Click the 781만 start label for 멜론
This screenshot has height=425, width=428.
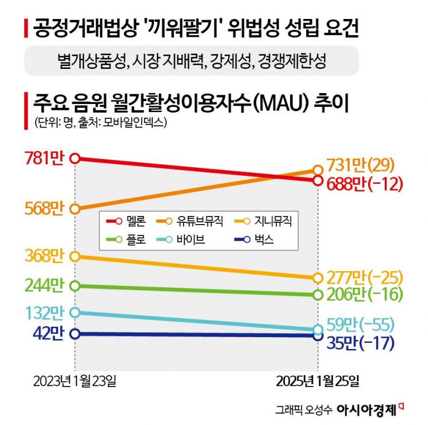coord(45,158)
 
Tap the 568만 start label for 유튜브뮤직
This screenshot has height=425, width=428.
coord(45,208)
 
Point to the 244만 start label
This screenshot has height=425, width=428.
coord(45,285)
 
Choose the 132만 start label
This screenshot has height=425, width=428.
coord(45,312)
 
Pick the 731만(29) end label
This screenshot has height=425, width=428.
coord(361,166)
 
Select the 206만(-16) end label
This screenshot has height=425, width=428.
coord(364,295)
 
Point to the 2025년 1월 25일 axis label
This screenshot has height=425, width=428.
coord(318,381)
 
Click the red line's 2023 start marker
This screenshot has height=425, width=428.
coord(75,158)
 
